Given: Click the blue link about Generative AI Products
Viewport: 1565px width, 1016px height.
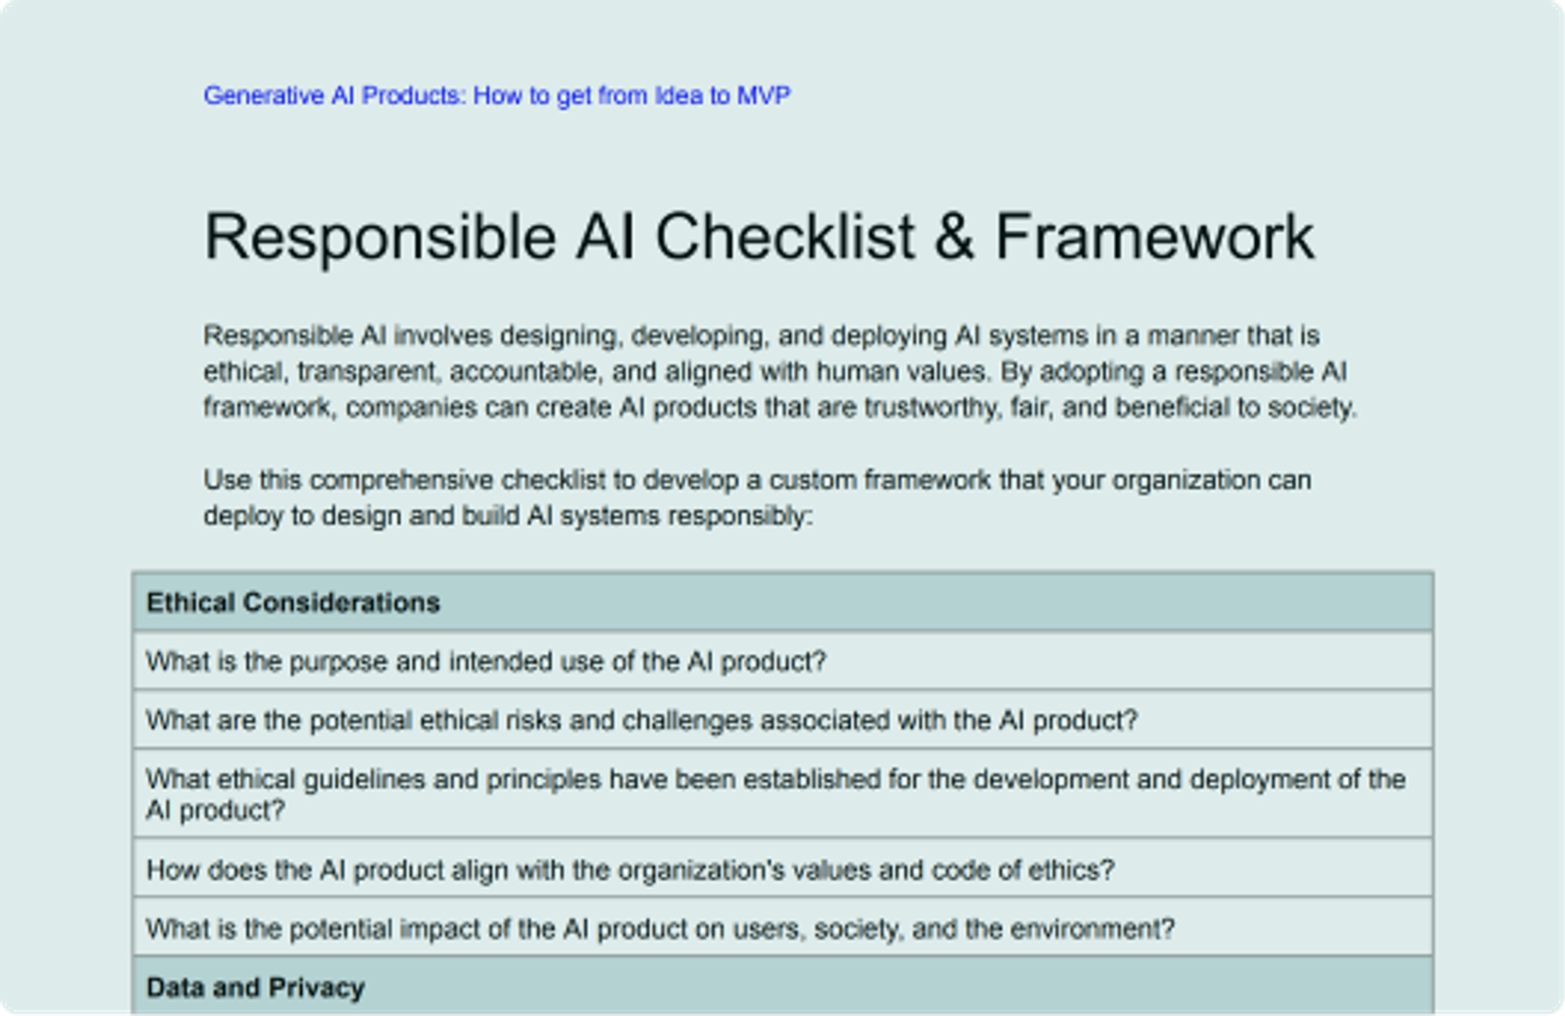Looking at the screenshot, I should coord(497,95).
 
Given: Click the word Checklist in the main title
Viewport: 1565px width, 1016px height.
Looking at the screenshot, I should coord(785,237).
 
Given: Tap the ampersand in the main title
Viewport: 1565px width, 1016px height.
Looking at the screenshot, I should coord(954,237).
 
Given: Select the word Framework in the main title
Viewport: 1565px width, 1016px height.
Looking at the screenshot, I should coord(1155,237).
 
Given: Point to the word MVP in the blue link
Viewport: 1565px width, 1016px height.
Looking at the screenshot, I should coord(763,95).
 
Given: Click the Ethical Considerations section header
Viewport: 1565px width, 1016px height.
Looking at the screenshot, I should coord(293,603).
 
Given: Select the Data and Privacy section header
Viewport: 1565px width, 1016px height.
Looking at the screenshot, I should coord(255,988).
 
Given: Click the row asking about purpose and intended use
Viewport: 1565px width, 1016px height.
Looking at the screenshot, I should coord(486,662).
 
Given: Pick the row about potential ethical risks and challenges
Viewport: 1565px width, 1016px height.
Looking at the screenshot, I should coord(642,721).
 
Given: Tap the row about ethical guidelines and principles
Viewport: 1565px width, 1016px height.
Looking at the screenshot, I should coord(775,794).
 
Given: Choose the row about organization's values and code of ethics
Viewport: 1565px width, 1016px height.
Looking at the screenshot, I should coord(630,870).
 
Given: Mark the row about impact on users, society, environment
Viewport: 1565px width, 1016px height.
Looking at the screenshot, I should coord(660,929).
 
